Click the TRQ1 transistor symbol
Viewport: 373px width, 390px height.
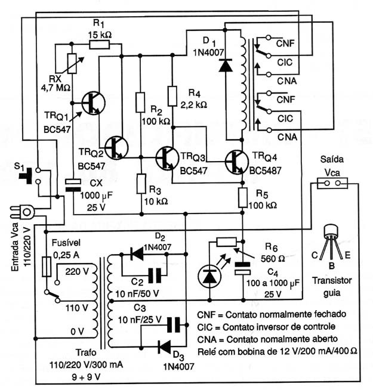[x=94, y=103]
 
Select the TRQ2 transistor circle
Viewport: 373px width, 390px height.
[x=116, y=148]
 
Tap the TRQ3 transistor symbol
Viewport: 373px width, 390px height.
[x=167, y=158]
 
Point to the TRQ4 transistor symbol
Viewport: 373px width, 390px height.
[x=236, y=162]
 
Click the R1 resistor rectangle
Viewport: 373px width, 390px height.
[x=99, y=45]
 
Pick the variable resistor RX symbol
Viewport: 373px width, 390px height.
[x=72, y=63]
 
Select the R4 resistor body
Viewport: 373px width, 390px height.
[x=172, y=96]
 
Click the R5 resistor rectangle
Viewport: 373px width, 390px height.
[x=243, y=198]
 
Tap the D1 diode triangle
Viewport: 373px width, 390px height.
[x=226, y=65]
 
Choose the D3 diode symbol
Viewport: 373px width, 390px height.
[x=165, y=346]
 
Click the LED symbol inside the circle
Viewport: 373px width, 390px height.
[x=209, y=276]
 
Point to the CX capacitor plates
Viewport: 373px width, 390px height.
[x=73, y=185]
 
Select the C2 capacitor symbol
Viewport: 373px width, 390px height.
[x=155, y=276]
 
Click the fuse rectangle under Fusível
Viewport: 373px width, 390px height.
[x=47, y=267]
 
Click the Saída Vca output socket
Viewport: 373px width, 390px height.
[x=332, y=183]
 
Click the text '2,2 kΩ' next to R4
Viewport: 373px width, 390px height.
[x=194, y=105]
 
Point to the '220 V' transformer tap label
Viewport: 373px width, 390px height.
[x=77, y=271]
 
